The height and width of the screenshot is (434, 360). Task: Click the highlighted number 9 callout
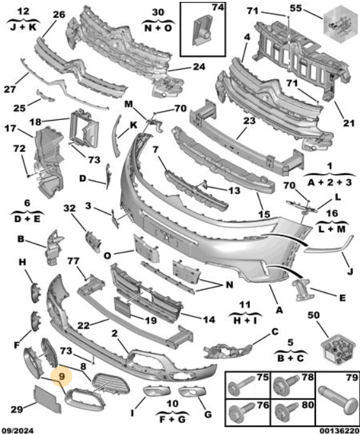61,376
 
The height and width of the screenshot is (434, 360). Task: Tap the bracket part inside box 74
202,31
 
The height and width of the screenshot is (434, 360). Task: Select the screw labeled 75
240,385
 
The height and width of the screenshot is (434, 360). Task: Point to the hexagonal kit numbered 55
340,24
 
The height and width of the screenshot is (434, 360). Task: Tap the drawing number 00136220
340,430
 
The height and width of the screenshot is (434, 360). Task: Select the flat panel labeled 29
46,398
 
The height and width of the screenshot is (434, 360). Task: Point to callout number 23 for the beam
249,121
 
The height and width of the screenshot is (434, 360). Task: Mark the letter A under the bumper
280,310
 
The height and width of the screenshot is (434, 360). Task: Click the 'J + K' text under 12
23,27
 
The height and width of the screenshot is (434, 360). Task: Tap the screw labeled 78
287,384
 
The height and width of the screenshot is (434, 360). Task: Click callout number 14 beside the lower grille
209,320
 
